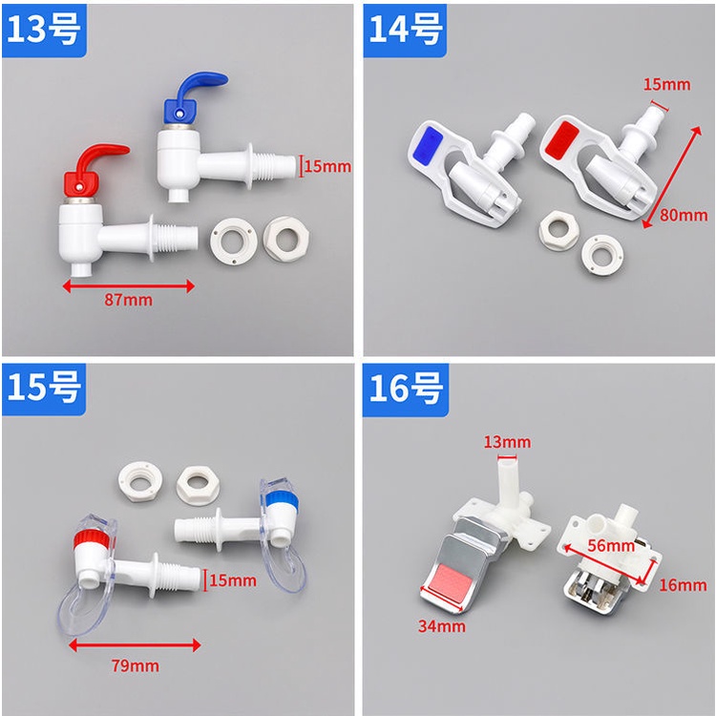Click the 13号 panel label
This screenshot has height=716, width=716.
point(44,30)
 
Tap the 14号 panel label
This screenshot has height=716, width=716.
point(405,30)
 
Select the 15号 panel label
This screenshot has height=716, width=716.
point(44,389)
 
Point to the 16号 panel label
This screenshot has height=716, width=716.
point(406,390)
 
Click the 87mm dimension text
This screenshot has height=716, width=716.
point(128,300)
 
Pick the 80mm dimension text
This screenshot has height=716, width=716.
point(684,215)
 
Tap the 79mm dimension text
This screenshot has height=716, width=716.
point(136,665)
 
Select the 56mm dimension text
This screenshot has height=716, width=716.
point(611,545)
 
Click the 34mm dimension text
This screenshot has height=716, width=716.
point(442,626)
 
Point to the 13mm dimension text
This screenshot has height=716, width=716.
point(507,442)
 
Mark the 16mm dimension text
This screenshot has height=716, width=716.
point(683,585)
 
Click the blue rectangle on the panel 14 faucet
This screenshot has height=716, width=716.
point(430,145)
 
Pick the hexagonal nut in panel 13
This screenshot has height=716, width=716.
point(286,239)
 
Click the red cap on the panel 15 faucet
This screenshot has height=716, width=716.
point(92,540)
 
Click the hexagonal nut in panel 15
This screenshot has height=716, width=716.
point(198,486)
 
